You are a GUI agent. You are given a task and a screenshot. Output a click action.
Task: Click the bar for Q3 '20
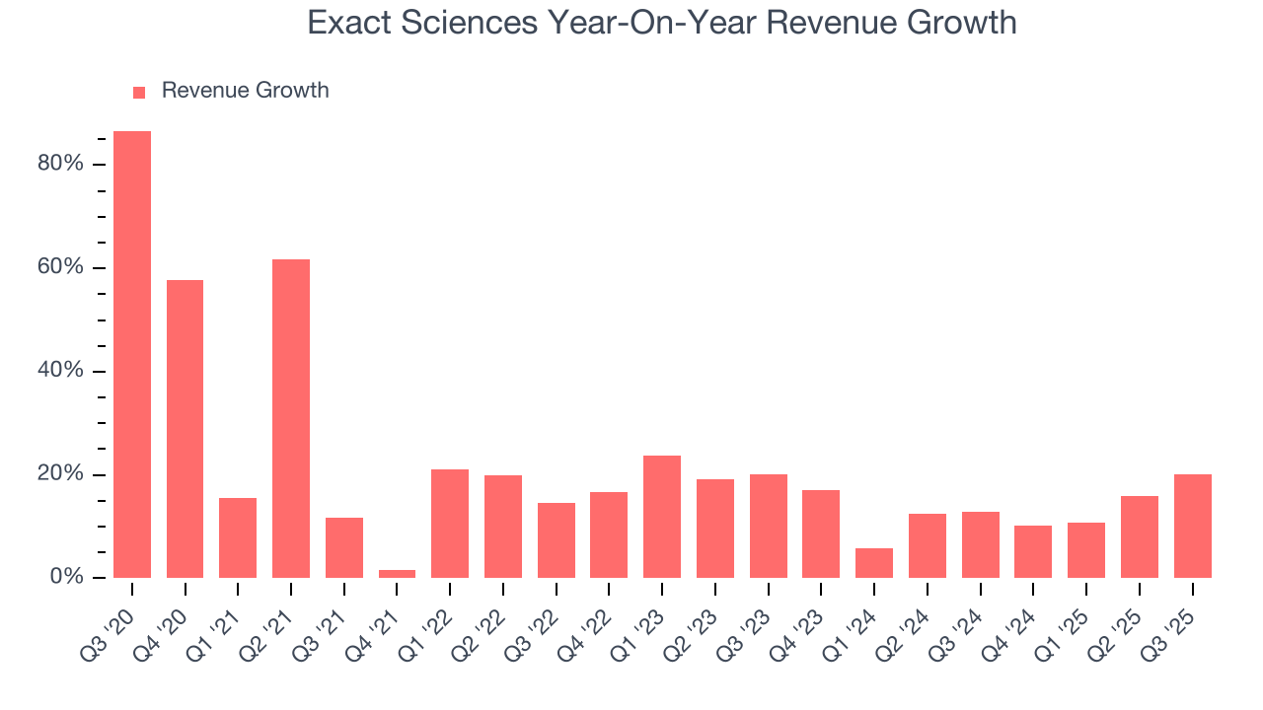(132, 354)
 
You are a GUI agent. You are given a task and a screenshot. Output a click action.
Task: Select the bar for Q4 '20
(185, 429)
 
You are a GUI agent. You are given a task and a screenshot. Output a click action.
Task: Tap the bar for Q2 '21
(291, 418)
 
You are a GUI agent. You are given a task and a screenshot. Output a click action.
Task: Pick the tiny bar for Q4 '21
(397, 574)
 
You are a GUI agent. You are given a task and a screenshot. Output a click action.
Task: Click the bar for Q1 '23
(662, 517)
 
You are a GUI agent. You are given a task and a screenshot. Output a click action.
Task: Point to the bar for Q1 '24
(874, 563)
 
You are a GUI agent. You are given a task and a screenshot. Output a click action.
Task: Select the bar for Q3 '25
(1192, 526)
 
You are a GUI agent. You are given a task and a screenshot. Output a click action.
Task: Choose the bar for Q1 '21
(238, 537)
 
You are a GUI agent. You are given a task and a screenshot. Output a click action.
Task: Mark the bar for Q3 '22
(556, 540)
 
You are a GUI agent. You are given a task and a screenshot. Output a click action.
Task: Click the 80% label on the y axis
(60, 164)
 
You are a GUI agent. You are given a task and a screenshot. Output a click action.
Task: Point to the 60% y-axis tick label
(60, 268)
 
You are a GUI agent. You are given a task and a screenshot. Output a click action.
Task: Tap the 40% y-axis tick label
(60, 372)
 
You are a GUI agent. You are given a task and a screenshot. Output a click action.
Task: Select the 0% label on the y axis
(65, 578)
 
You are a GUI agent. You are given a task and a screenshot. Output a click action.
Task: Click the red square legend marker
(139, 93)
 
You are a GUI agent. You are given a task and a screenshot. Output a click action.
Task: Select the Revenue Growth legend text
(245, 91)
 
